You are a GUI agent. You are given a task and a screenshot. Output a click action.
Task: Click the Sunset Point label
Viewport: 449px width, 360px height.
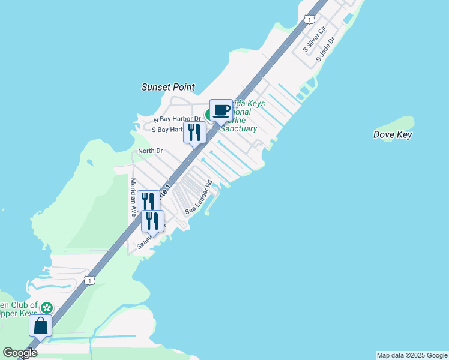point(168,87)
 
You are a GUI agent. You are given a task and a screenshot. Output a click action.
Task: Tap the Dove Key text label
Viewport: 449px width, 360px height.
point(393,135)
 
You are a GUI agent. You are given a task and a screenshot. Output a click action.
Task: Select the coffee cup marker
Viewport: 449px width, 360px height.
point(221,110)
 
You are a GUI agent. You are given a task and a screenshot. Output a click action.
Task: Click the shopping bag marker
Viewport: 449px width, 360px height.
point(41,326)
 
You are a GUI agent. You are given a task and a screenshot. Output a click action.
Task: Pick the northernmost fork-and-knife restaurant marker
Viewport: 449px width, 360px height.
point(194,133)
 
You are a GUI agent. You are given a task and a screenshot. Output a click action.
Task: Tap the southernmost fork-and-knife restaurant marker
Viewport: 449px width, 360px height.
point(152,221)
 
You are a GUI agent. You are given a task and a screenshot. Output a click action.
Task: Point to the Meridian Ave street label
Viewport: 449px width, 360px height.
point(133,197)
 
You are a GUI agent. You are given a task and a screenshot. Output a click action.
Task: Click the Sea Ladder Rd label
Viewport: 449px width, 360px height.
point(199,198)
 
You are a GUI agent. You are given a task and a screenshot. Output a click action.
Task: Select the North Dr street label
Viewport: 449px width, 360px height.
point(150,151)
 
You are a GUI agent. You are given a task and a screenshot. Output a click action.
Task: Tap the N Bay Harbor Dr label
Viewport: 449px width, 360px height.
point(176,119)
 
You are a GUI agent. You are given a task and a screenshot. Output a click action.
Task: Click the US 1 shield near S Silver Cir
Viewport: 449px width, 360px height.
point(309,19)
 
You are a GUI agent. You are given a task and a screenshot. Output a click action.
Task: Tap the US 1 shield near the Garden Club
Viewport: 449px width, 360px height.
point(89,280)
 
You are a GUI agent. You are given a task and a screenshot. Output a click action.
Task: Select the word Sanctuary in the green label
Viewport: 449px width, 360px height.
point(239,129)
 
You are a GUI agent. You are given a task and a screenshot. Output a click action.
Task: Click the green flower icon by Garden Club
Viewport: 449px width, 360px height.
point(47,308)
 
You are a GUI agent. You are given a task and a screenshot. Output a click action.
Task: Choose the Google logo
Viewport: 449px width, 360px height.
point(20,353)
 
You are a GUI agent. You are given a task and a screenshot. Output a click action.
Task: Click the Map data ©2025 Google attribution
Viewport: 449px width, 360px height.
point(412,355)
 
